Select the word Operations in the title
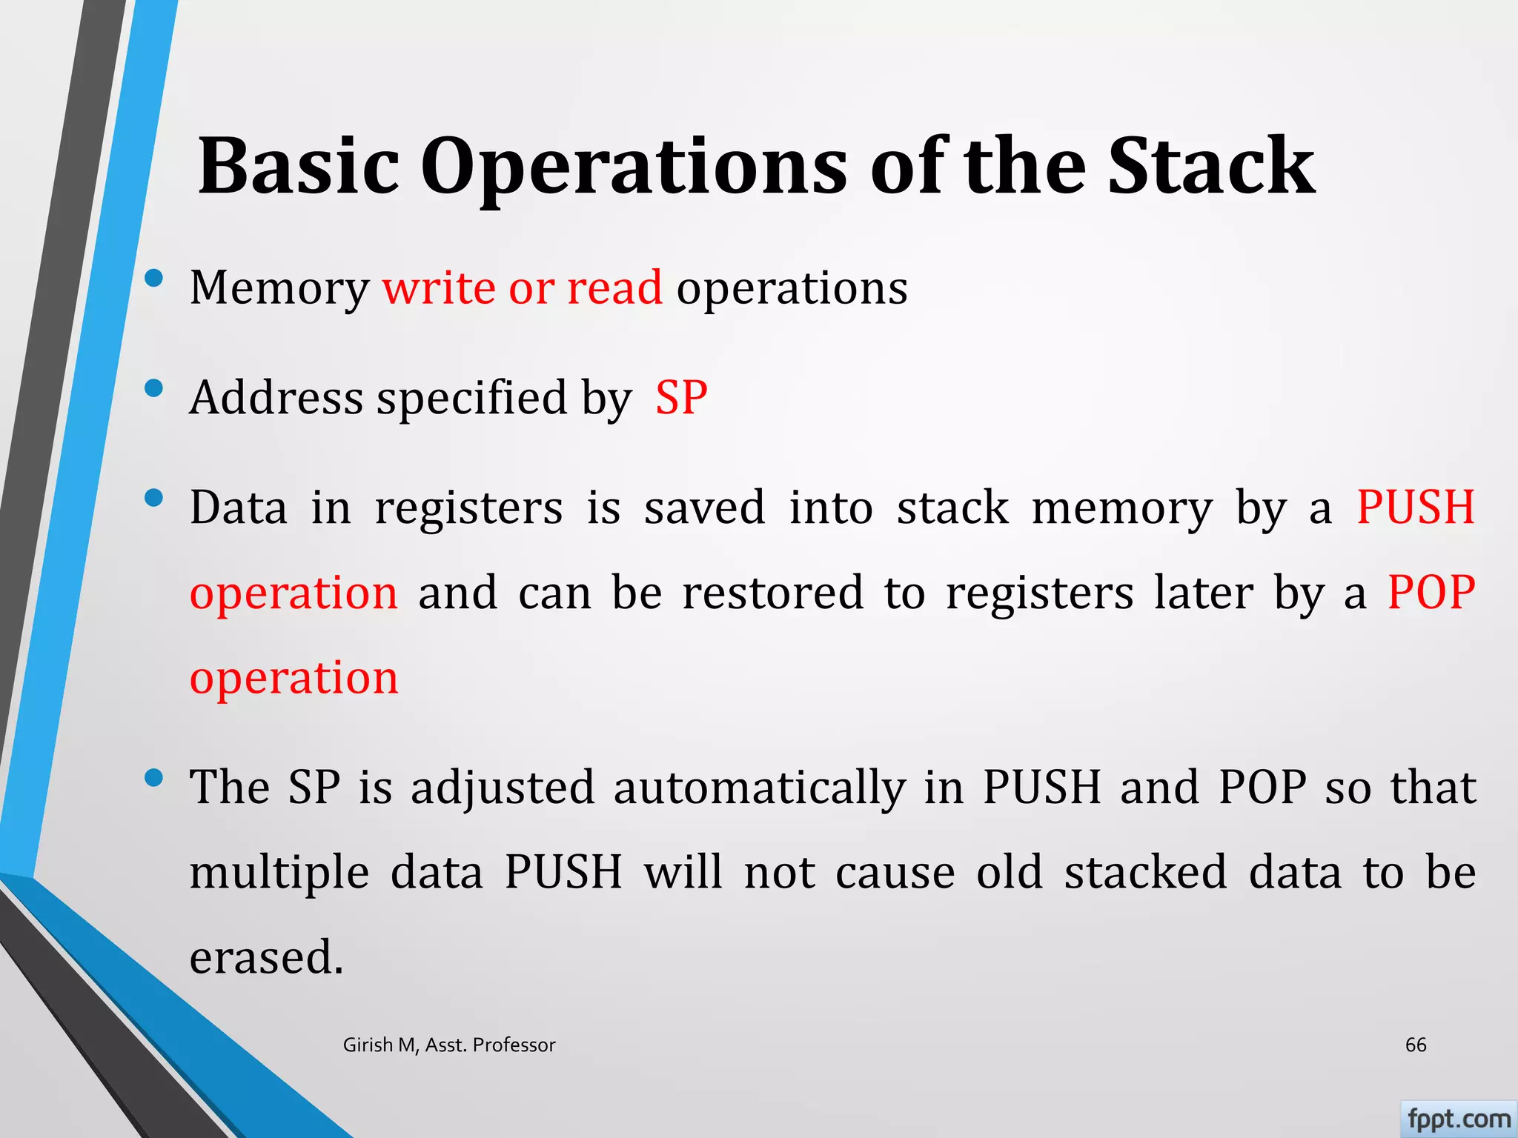pos(634,169)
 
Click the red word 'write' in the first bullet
pos(439,287)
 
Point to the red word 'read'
pos(614,287)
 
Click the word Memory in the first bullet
pos(279,289)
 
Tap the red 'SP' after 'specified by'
pos(681,397)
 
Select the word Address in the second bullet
pos(276,397)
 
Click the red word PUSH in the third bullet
pos(1416,508)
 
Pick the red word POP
pos(1431,593)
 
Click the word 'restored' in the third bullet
pos(773,593)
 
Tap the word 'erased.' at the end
pos(267,957)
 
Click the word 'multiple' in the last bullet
pos(279,873)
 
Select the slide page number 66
pos(1416,1045)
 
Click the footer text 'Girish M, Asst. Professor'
pos(449,1045)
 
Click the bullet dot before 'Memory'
pos(154,279)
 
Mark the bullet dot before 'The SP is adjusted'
pos(154,778)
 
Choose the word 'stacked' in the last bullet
pos(1146,872)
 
